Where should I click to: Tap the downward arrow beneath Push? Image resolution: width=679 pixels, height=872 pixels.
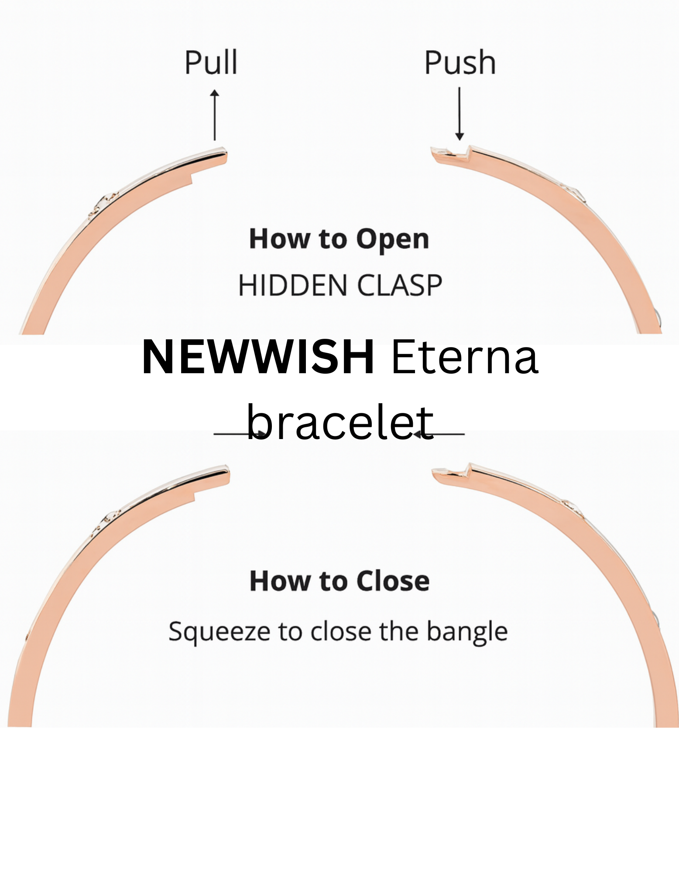459,113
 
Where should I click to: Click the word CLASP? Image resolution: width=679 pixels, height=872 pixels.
400,286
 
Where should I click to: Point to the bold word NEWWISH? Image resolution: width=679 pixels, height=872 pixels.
258,358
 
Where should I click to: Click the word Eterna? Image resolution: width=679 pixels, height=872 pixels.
465,358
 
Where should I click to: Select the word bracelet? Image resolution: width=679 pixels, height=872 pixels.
340,422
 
